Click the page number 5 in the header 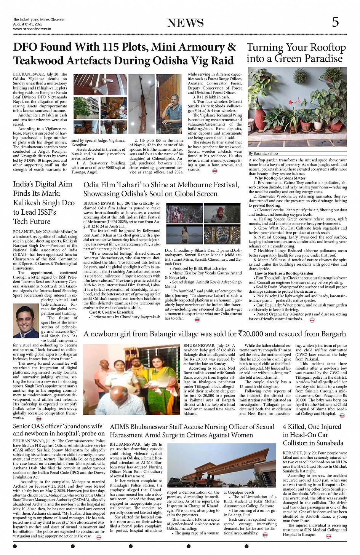[335, 22]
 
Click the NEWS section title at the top [186, 23]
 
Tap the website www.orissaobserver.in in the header [32, 29]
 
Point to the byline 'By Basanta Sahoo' [263, 153]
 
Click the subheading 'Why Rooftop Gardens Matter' [280, 178]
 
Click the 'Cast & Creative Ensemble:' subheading [106, 312]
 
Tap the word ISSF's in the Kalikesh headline [43, 212]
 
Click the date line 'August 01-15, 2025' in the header [28, 24]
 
